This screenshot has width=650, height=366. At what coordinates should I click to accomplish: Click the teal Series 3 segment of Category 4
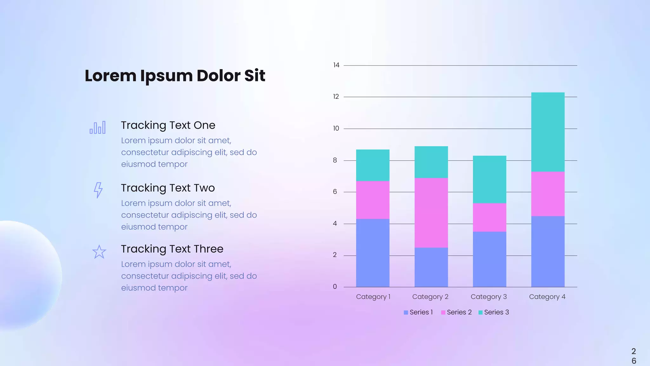[548, 132]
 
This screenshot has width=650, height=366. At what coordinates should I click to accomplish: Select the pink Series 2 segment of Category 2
[431, 213]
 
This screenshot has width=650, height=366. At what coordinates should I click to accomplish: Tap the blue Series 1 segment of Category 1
[373, 253]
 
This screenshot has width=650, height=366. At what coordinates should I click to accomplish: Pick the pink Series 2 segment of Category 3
[489, 217]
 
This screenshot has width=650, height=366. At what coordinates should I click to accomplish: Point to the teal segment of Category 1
[373, 165]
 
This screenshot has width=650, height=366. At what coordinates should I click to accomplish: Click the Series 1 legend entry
[418, 312]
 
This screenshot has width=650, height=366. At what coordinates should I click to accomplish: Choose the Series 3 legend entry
[494, 312]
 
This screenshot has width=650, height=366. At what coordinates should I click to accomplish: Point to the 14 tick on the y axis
[336, 65]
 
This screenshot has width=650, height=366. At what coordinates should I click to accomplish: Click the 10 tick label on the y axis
[336, 128]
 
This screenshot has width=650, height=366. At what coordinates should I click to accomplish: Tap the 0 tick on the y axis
[335, 287]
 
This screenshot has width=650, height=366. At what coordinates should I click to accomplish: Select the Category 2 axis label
[430, 297]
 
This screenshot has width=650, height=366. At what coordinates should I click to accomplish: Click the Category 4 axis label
[547, 297]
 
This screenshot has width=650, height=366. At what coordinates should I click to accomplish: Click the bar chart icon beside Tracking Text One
[98, 127]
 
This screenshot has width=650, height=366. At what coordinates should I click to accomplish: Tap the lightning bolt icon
[98, 190]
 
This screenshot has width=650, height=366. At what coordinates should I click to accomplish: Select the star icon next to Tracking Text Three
[99, 252]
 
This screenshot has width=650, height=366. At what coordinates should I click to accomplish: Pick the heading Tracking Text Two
[168, 188]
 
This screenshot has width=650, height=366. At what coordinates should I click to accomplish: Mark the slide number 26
[633, 356]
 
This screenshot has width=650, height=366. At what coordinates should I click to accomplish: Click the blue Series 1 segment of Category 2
[431, 267]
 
